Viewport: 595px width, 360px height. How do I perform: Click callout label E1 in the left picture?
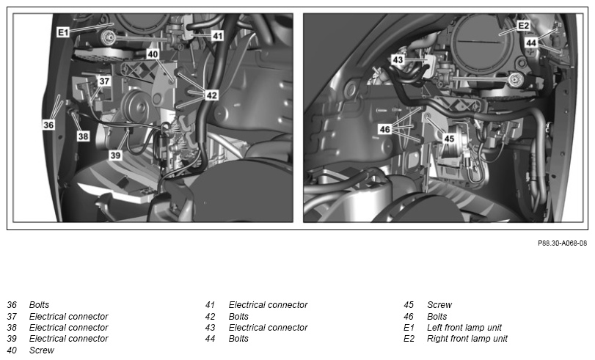(x=63, y=32)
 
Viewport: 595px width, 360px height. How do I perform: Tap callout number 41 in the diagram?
(x=217, y=36)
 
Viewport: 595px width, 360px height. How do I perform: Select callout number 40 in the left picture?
(x=153, y=54)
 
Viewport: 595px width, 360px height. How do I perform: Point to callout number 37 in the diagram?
(x=104, y=81)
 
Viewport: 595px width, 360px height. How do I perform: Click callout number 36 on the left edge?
(x=48, y=125)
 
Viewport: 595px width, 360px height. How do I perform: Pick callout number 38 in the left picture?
(x=83, y=136)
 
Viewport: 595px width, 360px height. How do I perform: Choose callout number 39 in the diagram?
(x=115, y=155)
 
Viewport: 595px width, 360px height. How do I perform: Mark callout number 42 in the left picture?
(x=212, y=95)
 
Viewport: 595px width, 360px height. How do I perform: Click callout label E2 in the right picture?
(x=523, y=26)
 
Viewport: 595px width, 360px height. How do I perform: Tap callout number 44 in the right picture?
(x=531, y=43)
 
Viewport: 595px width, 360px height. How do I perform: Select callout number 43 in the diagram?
(x=398, y=60)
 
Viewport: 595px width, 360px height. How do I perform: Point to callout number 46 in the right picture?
(x=384, y=129)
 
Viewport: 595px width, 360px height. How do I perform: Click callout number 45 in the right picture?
(x=449, y=139)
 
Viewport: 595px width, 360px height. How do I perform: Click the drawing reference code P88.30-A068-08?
(x=563, y=243)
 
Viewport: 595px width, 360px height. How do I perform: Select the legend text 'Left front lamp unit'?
(x=464, y=328)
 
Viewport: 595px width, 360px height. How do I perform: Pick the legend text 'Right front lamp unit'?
(x=467, y=339)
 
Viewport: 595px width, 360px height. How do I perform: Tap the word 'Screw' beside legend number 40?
(x=42, y=350)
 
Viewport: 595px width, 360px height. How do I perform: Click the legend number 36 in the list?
(x=12, y=305)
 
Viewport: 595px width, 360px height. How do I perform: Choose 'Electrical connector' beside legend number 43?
(x=268, y=328)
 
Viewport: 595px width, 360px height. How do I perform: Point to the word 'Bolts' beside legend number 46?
(x=437, y=317)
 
